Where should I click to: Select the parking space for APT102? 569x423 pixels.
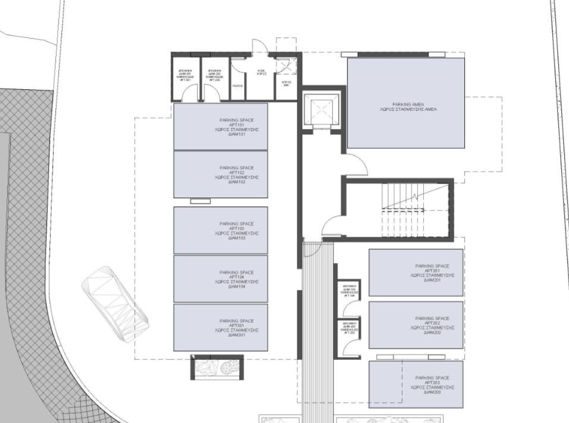click(221, 174)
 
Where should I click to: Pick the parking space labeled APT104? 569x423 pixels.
click(221, 278)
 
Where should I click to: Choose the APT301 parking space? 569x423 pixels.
click(221, 328)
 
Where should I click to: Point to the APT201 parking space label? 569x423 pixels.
click(432, 273)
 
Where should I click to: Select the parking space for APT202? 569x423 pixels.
click(416, 325)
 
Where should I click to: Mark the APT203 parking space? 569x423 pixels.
click(416, 384)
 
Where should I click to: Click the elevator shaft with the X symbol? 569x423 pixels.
click(321, 109)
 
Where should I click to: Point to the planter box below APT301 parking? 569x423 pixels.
click(217, 367)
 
